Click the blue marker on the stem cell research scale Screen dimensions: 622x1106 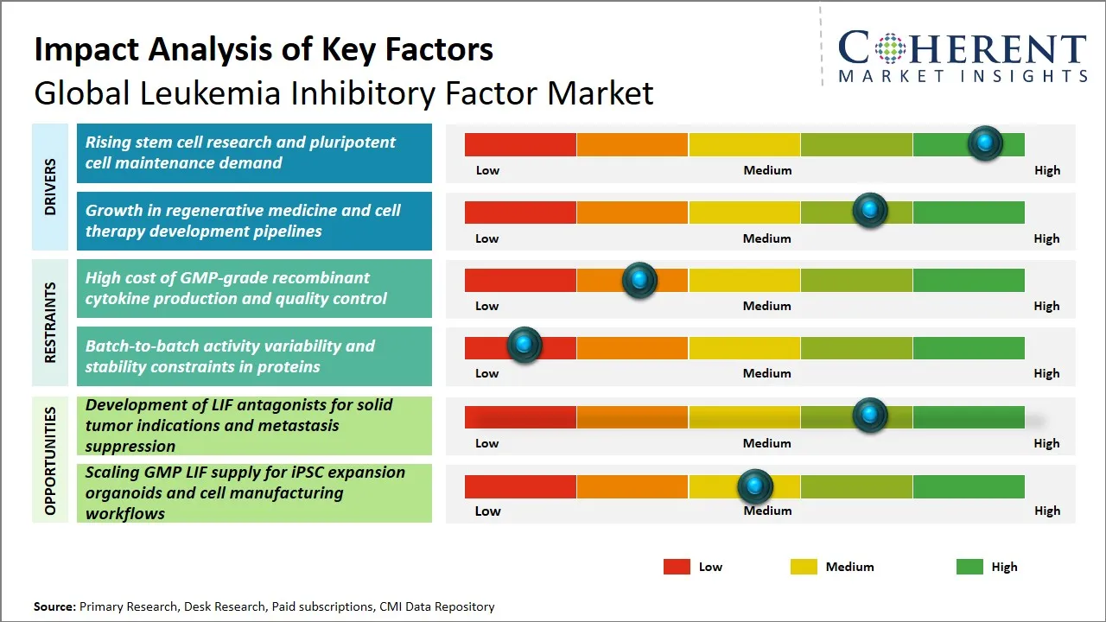pos(984,143)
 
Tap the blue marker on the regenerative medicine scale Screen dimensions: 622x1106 pos(869,211)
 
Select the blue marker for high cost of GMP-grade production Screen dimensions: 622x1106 pos(639,280)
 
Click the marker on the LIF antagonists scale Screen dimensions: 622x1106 pos(869,416)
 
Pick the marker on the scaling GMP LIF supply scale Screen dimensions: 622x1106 pos(755,487)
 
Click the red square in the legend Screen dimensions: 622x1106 pos(677,567)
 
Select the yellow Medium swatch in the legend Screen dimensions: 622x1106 pos(804,567)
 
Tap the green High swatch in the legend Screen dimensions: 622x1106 pos(969,567)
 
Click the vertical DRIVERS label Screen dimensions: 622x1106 pos(50,186)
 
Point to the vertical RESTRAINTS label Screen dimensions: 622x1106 pos(50,321)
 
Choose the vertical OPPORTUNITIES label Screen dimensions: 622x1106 pos(50,460)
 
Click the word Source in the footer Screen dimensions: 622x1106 pos(54,606)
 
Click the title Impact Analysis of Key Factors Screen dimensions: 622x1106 pos(264,49)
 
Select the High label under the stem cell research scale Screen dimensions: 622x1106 pos(1046,170)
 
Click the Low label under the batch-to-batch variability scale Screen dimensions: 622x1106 pos(486,373)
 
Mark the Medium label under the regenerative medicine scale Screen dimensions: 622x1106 pos(766,238)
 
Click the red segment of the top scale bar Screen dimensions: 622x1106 pos(520,144)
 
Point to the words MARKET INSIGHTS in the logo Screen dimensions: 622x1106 pos(962,76)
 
